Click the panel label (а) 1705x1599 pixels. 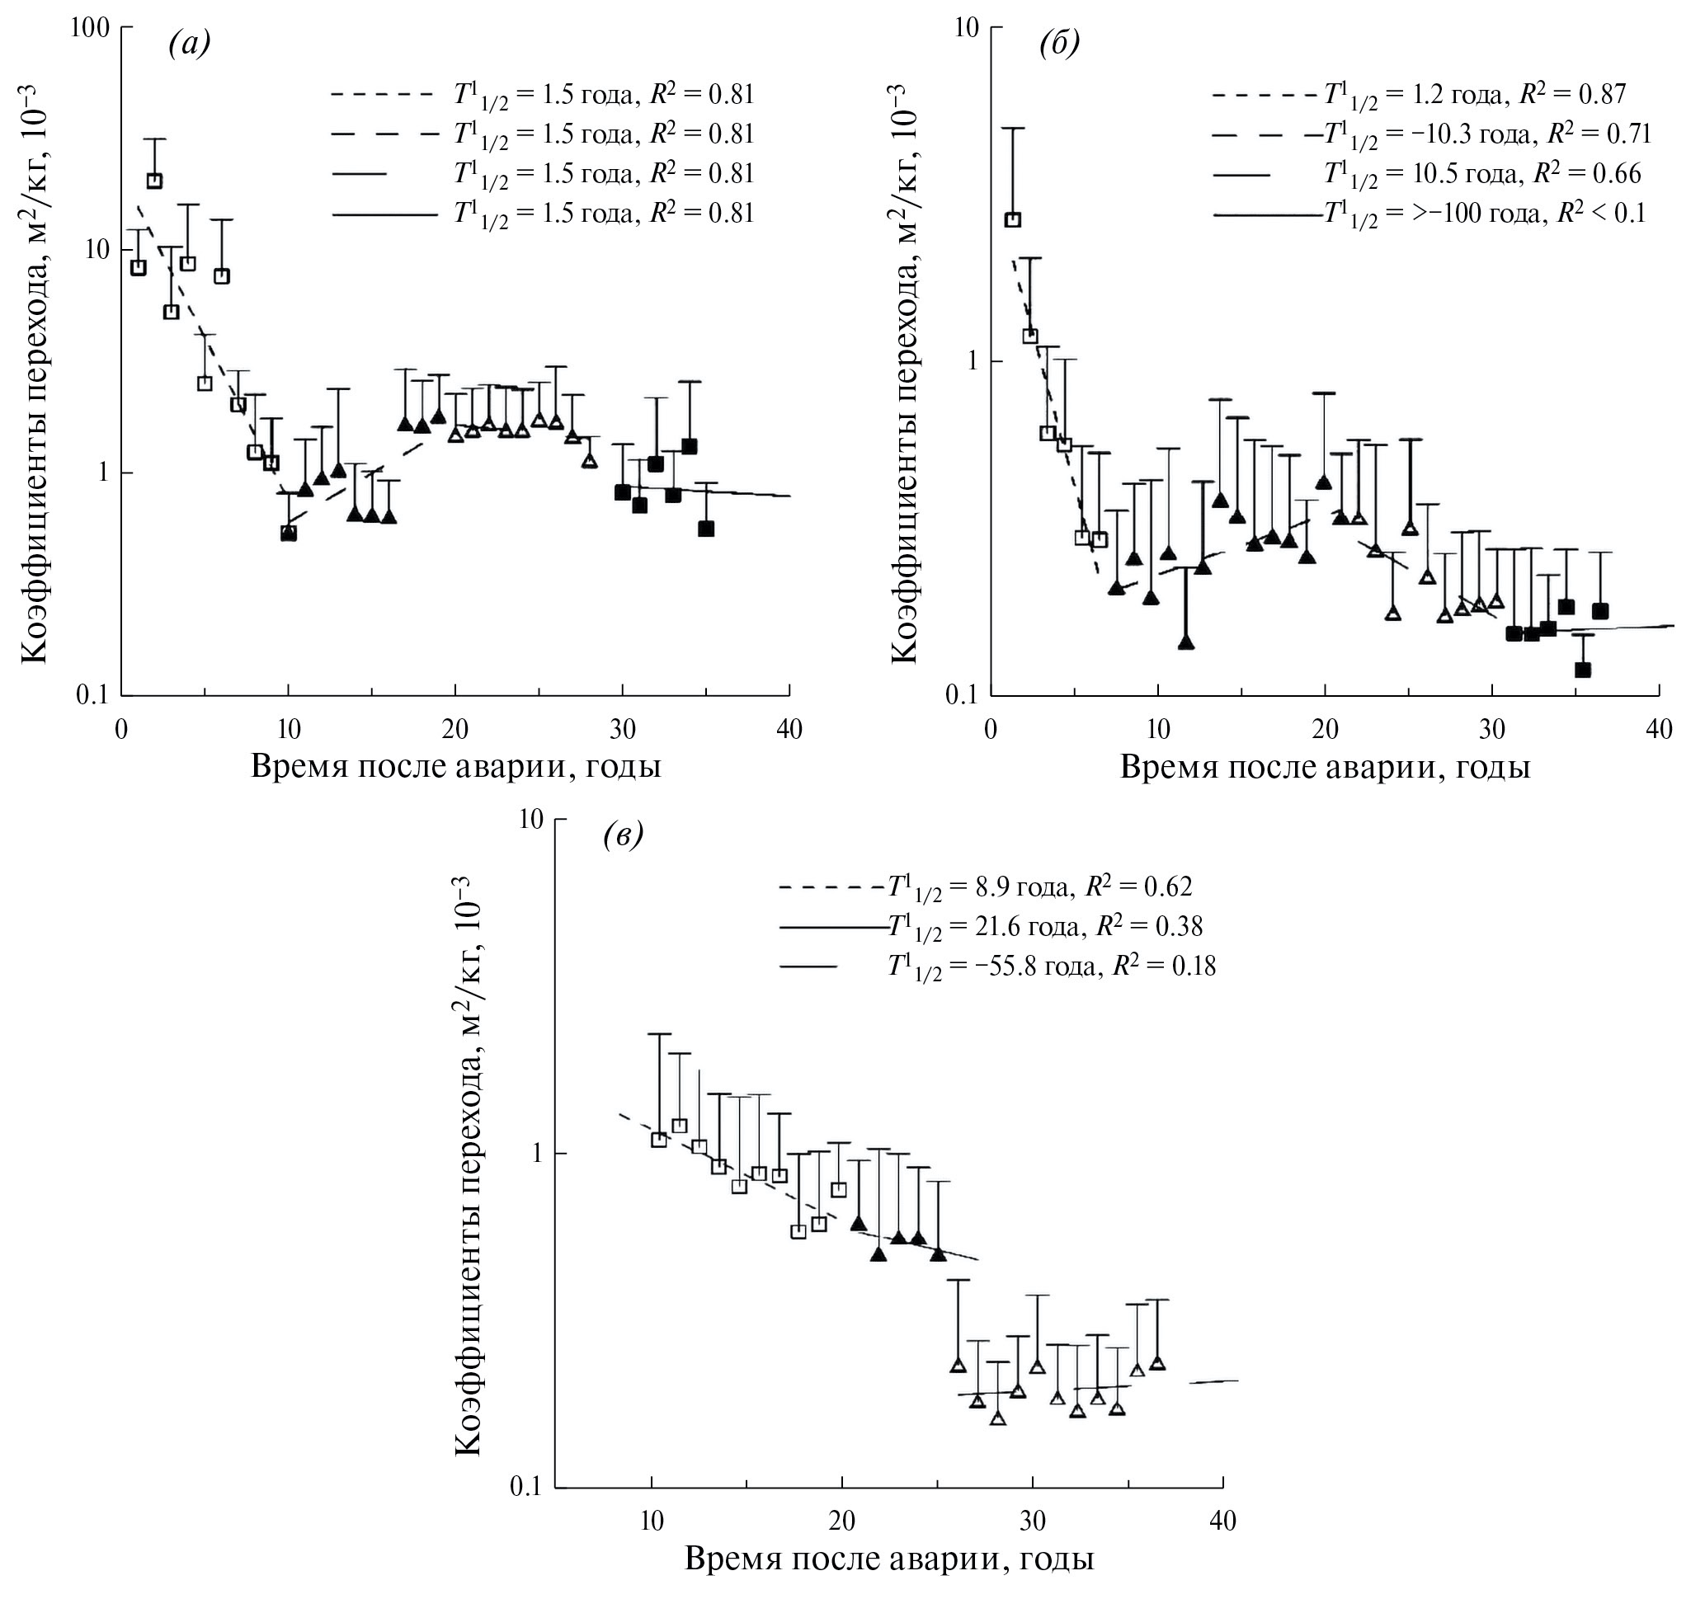coord(189,44)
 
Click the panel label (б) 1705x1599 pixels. coord(1059,44)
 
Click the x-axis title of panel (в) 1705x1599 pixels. coord(889,1558)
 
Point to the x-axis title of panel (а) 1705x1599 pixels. coord(455,765)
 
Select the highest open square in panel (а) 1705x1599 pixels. coord(154,181)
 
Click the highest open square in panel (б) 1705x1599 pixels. coord(1013,219)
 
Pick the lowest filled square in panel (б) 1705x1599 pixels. coord(1583,670)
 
